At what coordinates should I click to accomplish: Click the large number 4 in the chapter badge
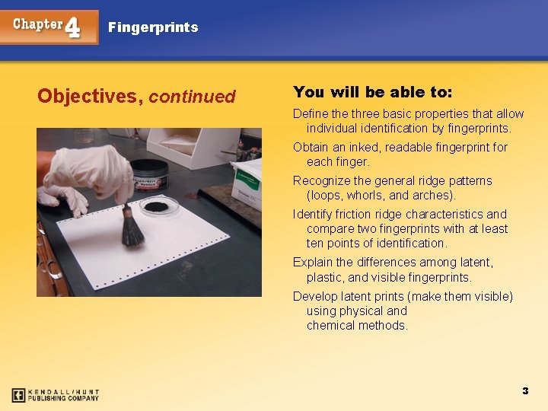[73, 27]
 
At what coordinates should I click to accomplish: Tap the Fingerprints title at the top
[153, 27]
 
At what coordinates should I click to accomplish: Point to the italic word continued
[193, 97]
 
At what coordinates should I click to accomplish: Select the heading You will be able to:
[372, 92]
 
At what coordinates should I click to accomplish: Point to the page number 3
[525, 390]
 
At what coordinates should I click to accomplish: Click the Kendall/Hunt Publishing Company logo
[56, 395]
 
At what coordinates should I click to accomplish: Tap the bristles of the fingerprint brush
[133, 231]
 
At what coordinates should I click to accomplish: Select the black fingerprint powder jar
[149, 175]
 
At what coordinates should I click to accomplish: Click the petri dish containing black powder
[158, 205]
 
